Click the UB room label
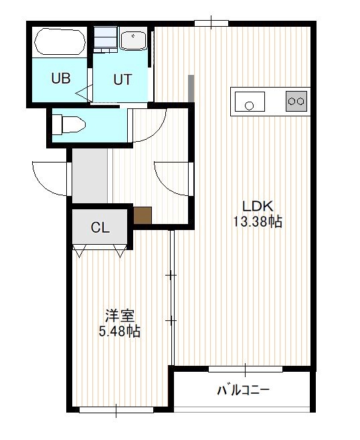click(x=61, y=78)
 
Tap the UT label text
click(x=122, y=80)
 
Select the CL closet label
click(x=100, y=227)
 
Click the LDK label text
click(x=258, y=207)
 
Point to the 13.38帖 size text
click(x=258, y=222)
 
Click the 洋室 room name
click(x=120, y=316)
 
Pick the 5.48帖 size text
click(x=120, y=331)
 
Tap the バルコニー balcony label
click(x=244, y=390)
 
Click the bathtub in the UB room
click(x=60, y=41)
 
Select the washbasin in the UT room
click(x=133, y=40)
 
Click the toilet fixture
click(x=69, y=124)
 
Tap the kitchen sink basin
click(x=250, y=101)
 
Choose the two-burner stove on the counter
click(x=296, y=101)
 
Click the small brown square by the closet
click(x=143, y=215)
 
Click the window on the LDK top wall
click(x=211, y=23)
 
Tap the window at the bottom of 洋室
click(x=116, y=410)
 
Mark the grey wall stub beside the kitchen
click(x=191, y=88)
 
